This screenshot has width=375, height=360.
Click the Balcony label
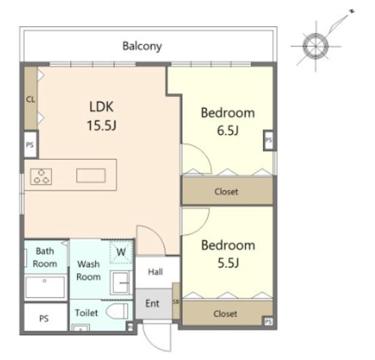pos(142,46)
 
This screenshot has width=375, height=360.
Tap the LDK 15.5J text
pos(101,115)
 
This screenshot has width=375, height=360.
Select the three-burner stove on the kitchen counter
pos(41,176)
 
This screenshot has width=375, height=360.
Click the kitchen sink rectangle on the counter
pos(91,175)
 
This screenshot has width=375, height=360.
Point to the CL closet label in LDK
pos(31,100)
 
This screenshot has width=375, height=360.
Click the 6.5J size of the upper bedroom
pos(228,130)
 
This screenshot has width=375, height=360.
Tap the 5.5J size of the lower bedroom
pos(228,262)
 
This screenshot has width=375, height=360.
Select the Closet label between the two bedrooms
pos(226,192)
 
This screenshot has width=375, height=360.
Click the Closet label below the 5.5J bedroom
pos(225,313)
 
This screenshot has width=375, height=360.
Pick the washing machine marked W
pos(121,251)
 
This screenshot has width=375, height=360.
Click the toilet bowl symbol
pos(117,311)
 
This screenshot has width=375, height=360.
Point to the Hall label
pos(155,271)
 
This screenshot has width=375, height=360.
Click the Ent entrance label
pos(152,304)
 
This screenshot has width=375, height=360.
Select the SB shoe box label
pos(176,301)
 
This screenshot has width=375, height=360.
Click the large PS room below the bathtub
pos(45,317)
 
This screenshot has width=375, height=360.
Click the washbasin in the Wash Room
pos(121,283)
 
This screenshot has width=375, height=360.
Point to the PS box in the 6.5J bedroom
pos(269,140)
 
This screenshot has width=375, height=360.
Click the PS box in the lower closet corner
pos(268,321)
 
